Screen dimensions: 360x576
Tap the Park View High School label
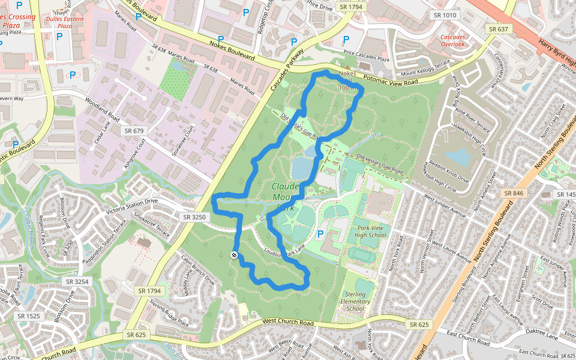[371, 232]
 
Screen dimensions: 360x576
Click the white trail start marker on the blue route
[234, 256]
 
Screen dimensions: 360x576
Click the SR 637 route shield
[499, 29]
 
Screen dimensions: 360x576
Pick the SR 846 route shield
[514, 193]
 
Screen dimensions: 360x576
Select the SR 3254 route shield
[77, 281]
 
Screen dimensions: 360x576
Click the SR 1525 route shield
[29, 316]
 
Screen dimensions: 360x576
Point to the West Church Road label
[289, 323]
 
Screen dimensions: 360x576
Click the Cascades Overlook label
[452, 41]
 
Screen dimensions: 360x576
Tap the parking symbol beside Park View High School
[320, 233]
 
